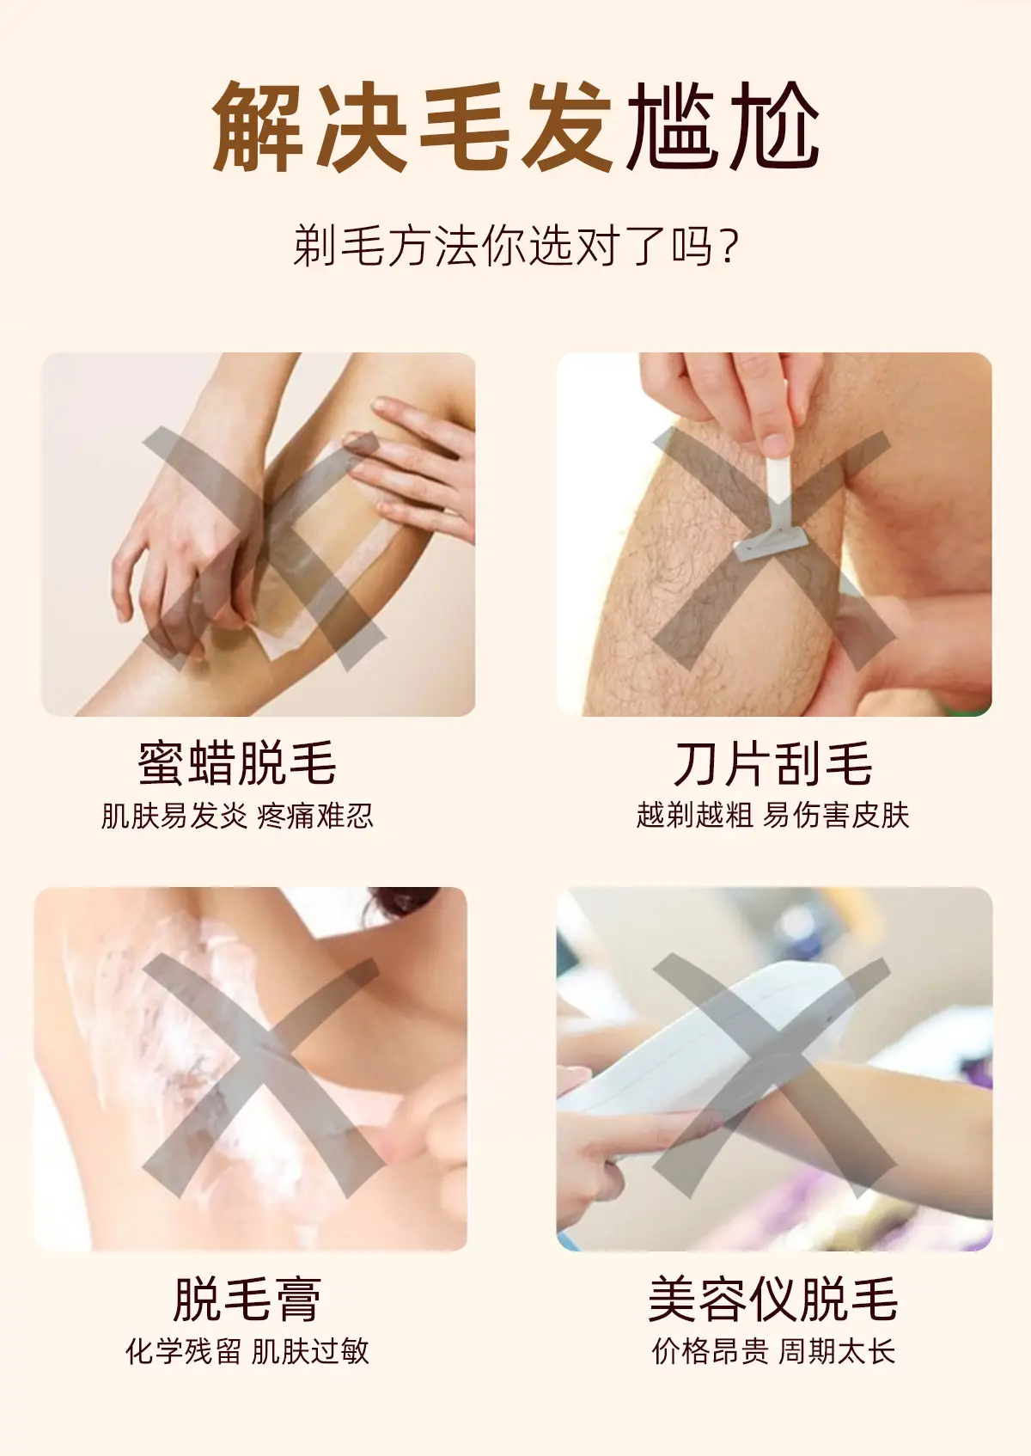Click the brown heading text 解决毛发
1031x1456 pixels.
pos(412,126)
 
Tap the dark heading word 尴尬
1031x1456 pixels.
pos(723,126)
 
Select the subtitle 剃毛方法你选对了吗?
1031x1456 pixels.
pos(516,246)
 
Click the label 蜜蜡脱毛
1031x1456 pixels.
pos(237,763)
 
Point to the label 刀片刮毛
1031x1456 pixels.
pos(773,763)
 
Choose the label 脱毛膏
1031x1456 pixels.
pos(247,1299)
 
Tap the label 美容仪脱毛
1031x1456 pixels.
pos(773,1299)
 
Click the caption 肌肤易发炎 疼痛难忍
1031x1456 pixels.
pos(237,816)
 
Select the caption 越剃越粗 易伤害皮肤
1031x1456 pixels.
pos(773,815)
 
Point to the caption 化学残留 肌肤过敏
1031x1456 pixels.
pos(247,1351)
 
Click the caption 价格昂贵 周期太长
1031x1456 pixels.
pos(773,1351)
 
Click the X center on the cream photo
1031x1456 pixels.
pos(262,1078)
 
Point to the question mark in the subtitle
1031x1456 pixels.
pos(730,247)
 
